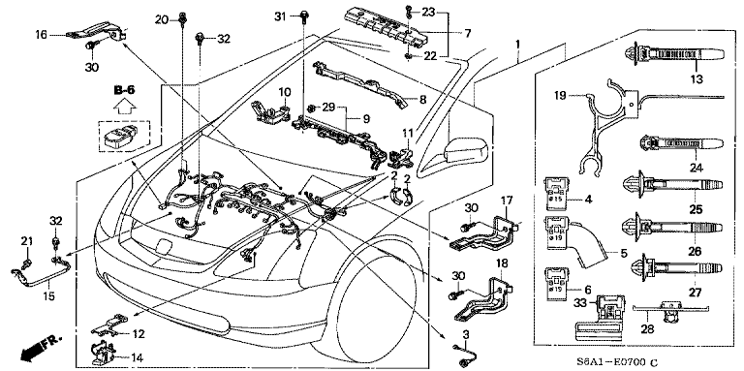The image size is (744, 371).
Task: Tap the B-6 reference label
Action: click(x=123, y=91)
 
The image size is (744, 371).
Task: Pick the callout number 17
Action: click(x=505, y=201)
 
